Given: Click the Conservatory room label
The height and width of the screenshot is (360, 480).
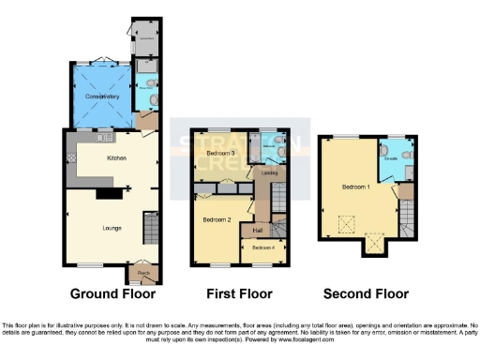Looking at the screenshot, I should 100,97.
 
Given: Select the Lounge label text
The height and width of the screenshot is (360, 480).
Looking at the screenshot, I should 112,227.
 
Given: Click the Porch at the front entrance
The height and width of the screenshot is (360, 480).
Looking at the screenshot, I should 143,274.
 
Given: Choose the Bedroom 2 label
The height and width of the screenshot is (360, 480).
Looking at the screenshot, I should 217,219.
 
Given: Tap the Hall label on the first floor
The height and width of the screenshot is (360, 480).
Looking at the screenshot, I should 257,229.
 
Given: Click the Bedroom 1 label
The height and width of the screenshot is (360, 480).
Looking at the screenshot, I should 355,187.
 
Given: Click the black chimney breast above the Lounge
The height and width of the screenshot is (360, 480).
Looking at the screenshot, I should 111,193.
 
